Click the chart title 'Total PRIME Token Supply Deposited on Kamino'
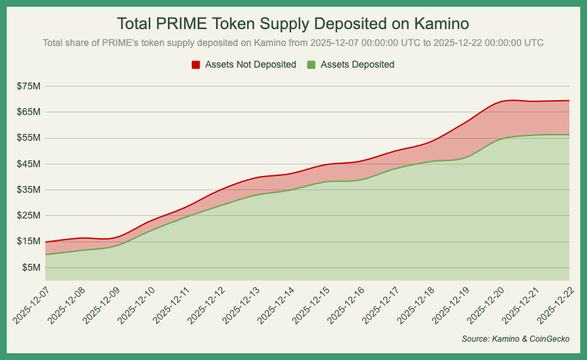293,24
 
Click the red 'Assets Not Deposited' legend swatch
196,65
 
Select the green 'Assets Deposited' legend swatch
311,65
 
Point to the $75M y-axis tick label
29,86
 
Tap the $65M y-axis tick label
29,112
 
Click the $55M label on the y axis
29,137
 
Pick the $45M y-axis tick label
29,164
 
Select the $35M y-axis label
29,189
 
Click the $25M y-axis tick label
29,215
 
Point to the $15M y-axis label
29,242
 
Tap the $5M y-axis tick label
31,267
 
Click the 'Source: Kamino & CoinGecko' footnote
515,338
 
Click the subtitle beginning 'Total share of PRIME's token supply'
293,43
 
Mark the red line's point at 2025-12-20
499,101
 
